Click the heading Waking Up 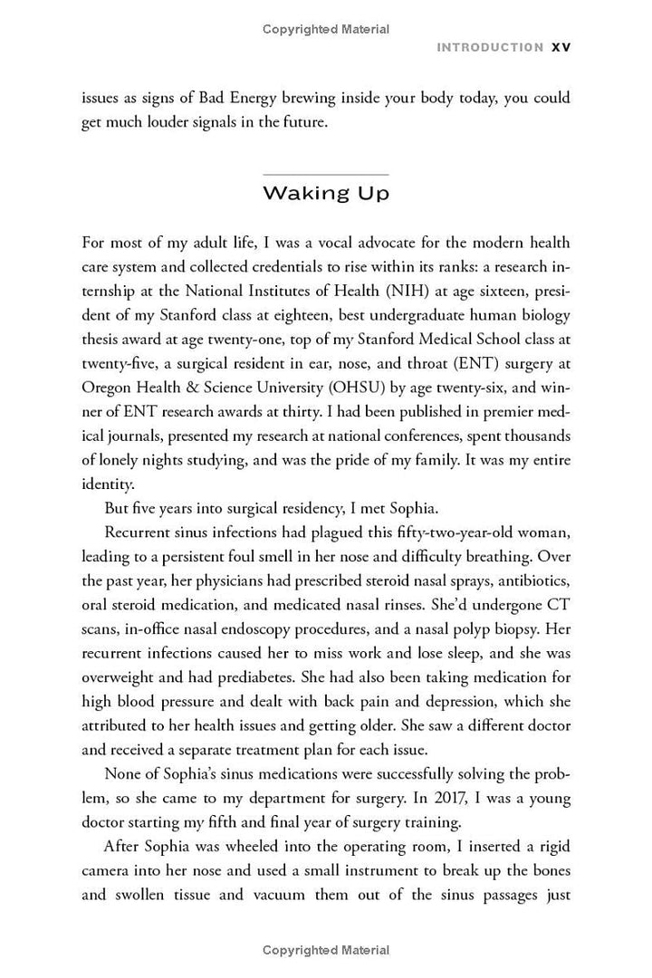325,193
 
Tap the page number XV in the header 561,47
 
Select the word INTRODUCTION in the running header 490,47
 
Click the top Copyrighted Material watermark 326,29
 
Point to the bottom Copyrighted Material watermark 326,950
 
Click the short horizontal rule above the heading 325,174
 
